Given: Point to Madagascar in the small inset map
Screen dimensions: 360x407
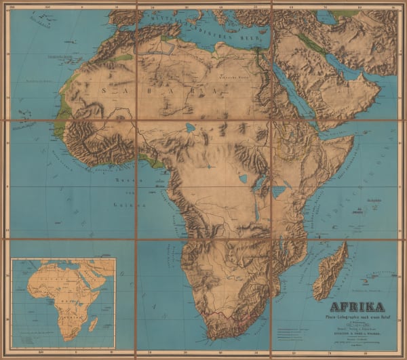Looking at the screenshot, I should point(93,323).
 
